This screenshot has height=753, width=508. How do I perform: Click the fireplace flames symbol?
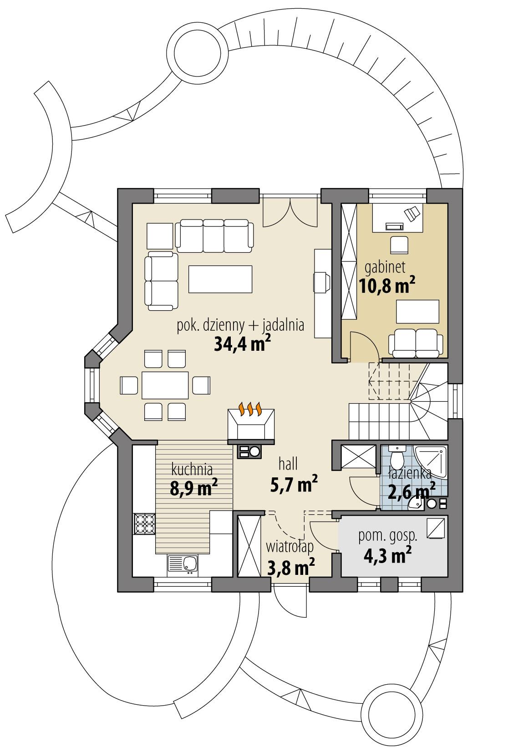[x=251, y=408]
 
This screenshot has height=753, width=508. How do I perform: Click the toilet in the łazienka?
[x=397, y=456]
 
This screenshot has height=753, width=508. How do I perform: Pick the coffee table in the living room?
[x=220, y=279]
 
